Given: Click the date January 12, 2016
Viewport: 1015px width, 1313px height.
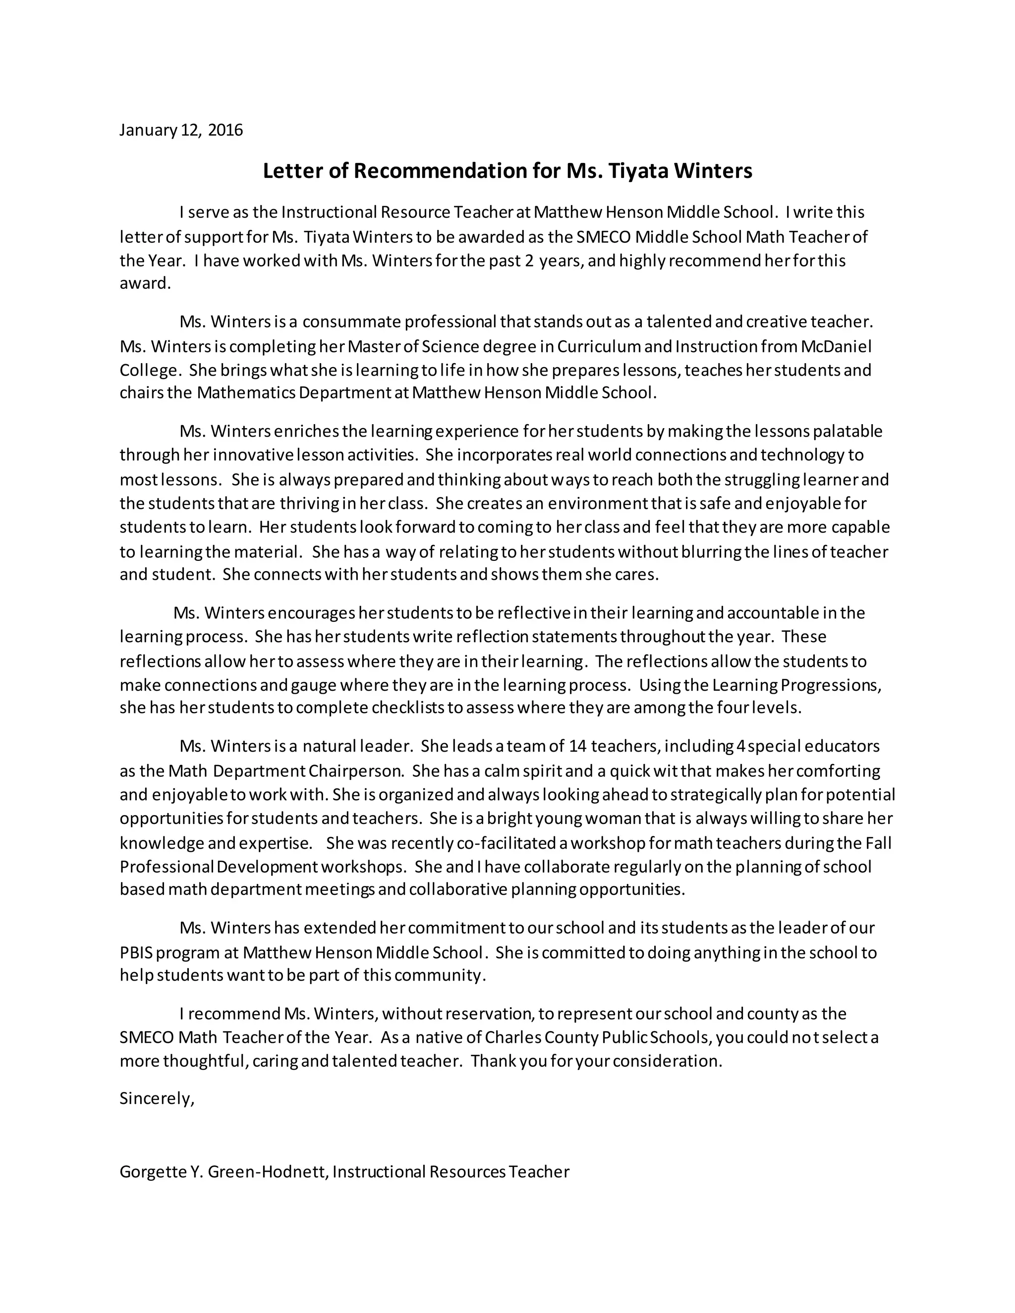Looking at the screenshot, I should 181,130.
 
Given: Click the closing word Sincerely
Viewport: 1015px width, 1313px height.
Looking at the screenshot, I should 156,1099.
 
